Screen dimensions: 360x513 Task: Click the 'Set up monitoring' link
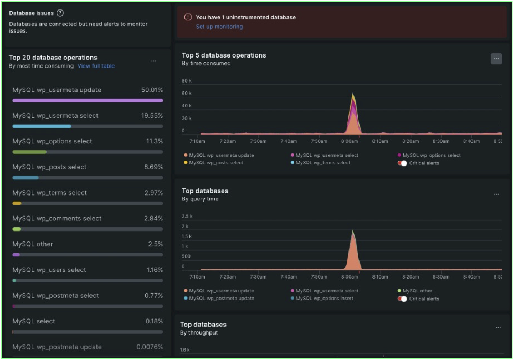click(x=219, y=27)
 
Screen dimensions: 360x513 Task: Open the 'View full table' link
click(x=96, y=66)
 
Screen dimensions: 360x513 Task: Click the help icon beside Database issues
click(x=60, y=13)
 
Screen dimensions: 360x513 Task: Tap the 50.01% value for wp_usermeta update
click(x=152, y=90)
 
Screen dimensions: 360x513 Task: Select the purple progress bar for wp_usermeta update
click(x=88, y=101)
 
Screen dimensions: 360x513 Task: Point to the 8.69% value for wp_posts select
click(x=153, y=167)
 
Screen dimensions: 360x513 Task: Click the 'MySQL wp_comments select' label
click(x=57, y=218)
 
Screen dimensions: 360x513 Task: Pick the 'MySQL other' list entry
click(x=32, y=244)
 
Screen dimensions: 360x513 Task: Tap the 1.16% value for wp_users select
click(x=153, y=270)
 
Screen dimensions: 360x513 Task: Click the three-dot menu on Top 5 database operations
click(x=496, y=59)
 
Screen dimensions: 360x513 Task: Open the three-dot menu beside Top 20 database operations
click(x=153, y=61)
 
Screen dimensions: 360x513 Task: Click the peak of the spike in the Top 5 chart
click(x=353, y=95)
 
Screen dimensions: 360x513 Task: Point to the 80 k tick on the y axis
click(x=187, y=81)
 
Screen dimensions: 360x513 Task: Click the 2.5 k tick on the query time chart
click(x=187, y=216)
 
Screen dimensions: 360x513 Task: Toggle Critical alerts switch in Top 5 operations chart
click(x=402, y=163)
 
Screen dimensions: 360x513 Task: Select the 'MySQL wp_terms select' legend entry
click(x=323, y=163)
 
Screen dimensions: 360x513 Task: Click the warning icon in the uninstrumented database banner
click(x=188, y=17)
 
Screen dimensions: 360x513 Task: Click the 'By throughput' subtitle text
click(x=199, y=333)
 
